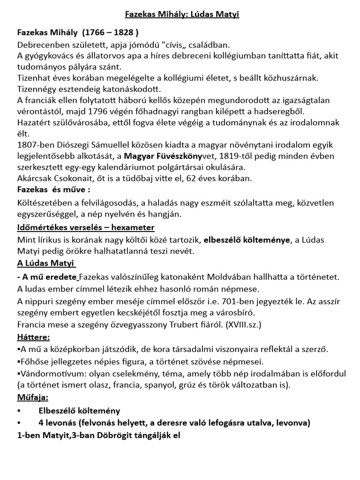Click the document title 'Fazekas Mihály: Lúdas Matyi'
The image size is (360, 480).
pos(182,14)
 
